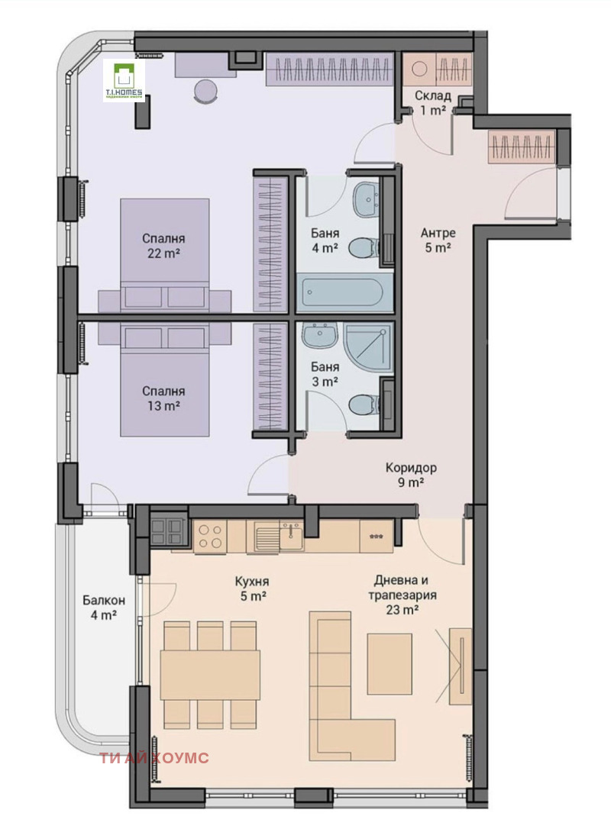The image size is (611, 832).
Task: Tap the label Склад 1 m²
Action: click(x=433, y=102)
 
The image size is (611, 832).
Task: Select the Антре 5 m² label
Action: click(x=438, y=240)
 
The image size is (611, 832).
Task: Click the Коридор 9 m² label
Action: click(x=411, y=475)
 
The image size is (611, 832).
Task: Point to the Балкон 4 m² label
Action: click(x=100, y=606)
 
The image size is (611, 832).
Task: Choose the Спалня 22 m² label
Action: click(x=163, y=246)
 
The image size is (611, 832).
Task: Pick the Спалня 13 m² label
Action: click(x=163, y=398)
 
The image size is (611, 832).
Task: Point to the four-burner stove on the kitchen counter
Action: click(x=211, y=537)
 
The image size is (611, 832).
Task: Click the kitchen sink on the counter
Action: click(x=269, y=537)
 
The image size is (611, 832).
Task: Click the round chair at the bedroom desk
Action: click(x=205, y=91)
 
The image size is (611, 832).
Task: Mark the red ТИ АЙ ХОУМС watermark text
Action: click(x=154, y=758)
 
